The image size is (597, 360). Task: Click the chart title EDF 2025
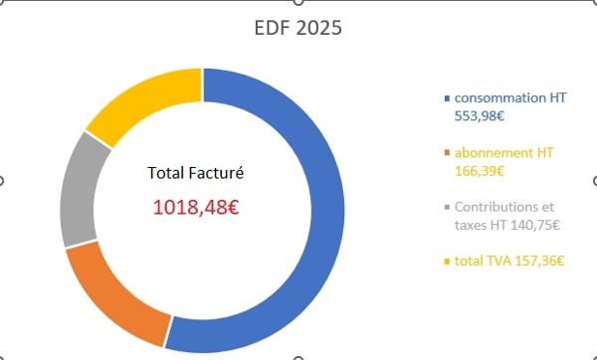click(298, 28)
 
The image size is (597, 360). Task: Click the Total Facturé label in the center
click(196, 173)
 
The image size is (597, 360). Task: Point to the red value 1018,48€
click(196, 208)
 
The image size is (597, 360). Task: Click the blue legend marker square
click(447, 98)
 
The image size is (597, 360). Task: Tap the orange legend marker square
click(447, 153)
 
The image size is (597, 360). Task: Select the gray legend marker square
click(447, 208)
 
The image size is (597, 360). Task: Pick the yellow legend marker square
click(447, 262)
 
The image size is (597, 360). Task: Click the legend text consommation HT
click(510, 97)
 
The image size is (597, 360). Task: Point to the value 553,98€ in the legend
click(480, 115)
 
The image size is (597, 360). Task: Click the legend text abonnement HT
click(503, 152)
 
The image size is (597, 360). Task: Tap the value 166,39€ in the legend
click(480, 171)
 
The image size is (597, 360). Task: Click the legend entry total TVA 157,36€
click(509, 262)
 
